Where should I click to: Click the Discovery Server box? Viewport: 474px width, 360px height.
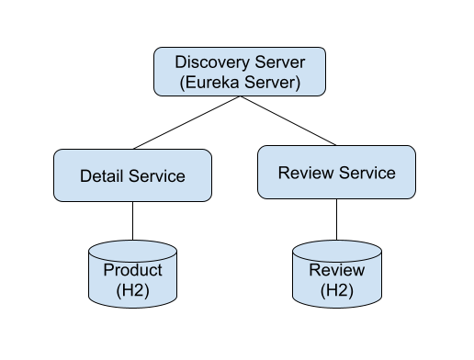(240, 72)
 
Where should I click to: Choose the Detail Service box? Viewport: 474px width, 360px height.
(132, 175)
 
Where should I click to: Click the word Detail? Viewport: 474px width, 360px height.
(101, 176)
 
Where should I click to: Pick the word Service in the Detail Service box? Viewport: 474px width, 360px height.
(155, 176)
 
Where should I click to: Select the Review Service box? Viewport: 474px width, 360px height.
(336, 172)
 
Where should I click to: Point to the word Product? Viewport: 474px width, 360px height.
(132, 270)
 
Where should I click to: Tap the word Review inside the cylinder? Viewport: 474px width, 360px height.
(336, 270)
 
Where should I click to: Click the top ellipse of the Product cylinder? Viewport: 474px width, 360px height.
(132, 249)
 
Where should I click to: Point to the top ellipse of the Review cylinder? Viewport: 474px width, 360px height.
(336, 249)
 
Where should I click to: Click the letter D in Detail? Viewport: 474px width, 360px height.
(85, 176)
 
